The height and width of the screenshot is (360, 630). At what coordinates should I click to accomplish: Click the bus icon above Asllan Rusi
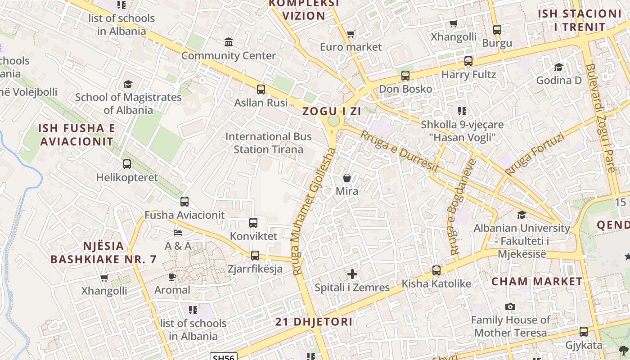(261, 89)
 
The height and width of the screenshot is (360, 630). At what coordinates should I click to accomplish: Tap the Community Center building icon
(229, 42)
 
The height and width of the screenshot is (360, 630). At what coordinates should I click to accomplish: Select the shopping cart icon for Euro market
(351, 34)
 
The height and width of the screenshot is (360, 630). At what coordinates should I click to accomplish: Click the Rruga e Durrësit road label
(399, 151)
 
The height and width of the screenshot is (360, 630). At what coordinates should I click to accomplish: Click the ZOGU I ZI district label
(331, 111)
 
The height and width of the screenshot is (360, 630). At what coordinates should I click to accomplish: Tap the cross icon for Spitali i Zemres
(352, 274)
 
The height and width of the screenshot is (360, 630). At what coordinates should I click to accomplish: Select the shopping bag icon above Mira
(347, 178)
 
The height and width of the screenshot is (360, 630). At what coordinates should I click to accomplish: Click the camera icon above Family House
(510, 306)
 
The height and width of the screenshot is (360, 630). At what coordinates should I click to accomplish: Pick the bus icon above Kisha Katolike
(436, 270)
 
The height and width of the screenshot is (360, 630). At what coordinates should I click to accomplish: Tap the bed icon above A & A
(178, 233)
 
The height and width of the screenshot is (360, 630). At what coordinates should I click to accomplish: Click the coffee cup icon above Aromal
(172, 276)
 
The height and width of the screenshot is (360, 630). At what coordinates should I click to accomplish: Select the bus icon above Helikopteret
(127, 164)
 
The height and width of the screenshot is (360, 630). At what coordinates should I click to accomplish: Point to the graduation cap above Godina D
(558, 67)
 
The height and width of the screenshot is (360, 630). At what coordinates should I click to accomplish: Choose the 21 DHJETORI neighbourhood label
(314, 322)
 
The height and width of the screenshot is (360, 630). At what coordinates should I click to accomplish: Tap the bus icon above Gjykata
(584, 332)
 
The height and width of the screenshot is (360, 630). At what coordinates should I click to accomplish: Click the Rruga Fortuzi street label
(534, 155)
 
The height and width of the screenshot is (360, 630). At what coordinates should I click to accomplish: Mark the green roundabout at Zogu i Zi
(333, 121)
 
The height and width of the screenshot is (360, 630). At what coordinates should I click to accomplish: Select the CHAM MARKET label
(537, 282)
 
